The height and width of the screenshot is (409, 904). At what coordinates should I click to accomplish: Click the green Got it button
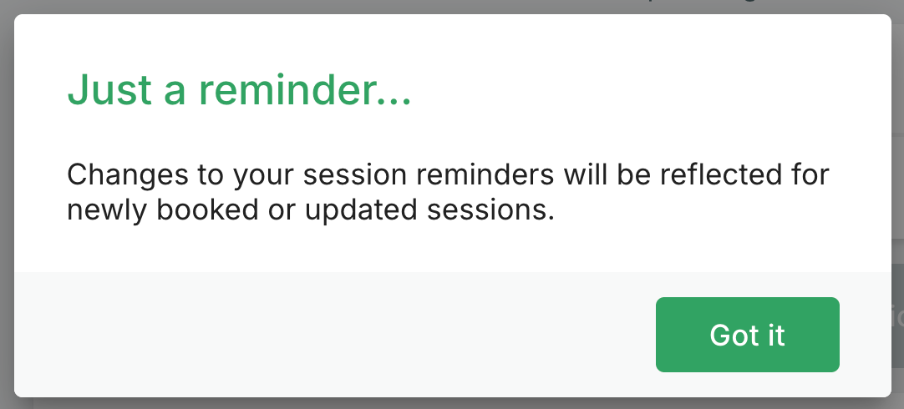[x=747, y=335]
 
